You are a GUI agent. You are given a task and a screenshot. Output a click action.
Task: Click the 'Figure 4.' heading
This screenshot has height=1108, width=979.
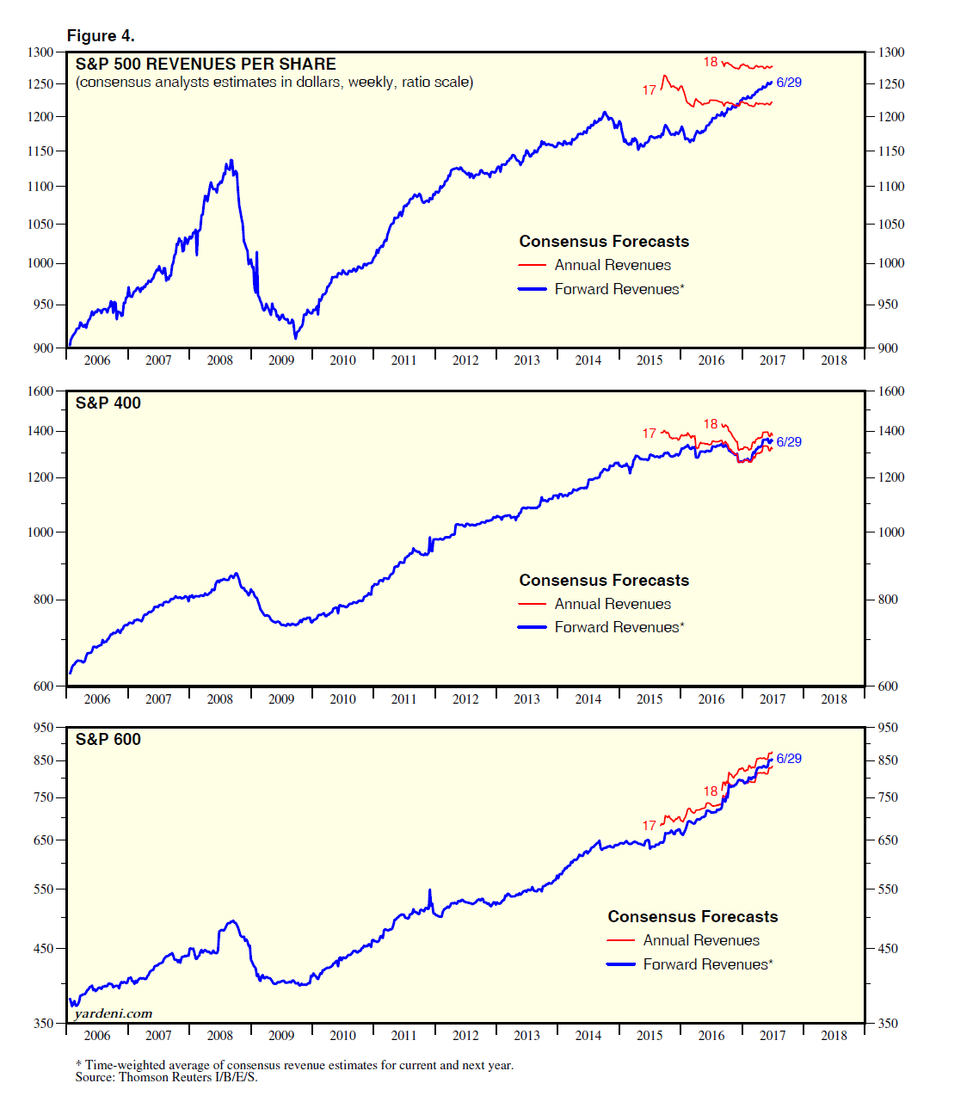point(101,35)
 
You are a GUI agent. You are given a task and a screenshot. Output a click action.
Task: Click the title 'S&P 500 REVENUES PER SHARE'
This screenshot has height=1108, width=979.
point(206,64)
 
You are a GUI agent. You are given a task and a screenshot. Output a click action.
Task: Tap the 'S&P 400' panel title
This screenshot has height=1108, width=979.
point(108,403)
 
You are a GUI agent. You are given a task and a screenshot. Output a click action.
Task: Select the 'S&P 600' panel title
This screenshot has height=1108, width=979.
point(108,739)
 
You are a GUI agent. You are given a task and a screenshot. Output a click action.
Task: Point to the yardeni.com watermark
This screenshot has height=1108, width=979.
point(114,1013)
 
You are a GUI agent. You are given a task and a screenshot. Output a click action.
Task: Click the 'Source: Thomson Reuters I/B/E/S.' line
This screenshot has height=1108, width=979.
point(166,1077)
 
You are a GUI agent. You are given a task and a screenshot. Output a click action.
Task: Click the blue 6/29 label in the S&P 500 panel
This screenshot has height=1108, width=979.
point(789,83)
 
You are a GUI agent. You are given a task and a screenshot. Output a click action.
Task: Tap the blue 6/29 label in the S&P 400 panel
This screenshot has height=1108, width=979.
point(789,442)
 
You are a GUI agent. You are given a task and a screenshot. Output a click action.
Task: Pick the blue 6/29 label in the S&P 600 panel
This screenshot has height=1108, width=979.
point(789,759)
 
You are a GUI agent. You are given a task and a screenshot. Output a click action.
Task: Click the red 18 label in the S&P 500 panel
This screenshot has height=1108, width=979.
point(711,62)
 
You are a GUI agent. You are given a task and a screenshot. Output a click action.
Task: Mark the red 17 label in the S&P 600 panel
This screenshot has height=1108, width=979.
point(650,826)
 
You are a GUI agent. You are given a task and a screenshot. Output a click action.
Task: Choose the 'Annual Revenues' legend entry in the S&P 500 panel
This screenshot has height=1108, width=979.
point(613,265)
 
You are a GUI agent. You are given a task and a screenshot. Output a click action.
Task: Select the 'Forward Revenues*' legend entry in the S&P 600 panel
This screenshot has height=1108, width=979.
point(708,964)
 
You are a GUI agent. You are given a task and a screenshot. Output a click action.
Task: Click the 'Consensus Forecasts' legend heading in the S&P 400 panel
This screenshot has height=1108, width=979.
point(604,580)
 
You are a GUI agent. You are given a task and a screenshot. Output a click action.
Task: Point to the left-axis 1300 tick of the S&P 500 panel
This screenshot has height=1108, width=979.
point(40,52)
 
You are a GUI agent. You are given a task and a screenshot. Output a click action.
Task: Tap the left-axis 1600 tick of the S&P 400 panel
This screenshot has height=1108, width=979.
point(40,391)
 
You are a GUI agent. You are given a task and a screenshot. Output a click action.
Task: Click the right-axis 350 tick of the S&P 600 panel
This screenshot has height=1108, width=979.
point(888,1024)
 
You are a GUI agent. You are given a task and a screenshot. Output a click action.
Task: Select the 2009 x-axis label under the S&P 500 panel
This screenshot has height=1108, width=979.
point(281,360)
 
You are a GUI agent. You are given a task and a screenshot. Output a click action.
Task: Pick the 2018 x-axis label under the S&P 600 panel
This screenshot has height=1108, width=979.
point(834,1036)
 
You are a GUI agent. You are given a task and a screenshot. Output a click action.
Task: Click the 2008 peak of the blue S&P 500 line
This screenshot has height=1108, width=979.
point(231,160)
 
